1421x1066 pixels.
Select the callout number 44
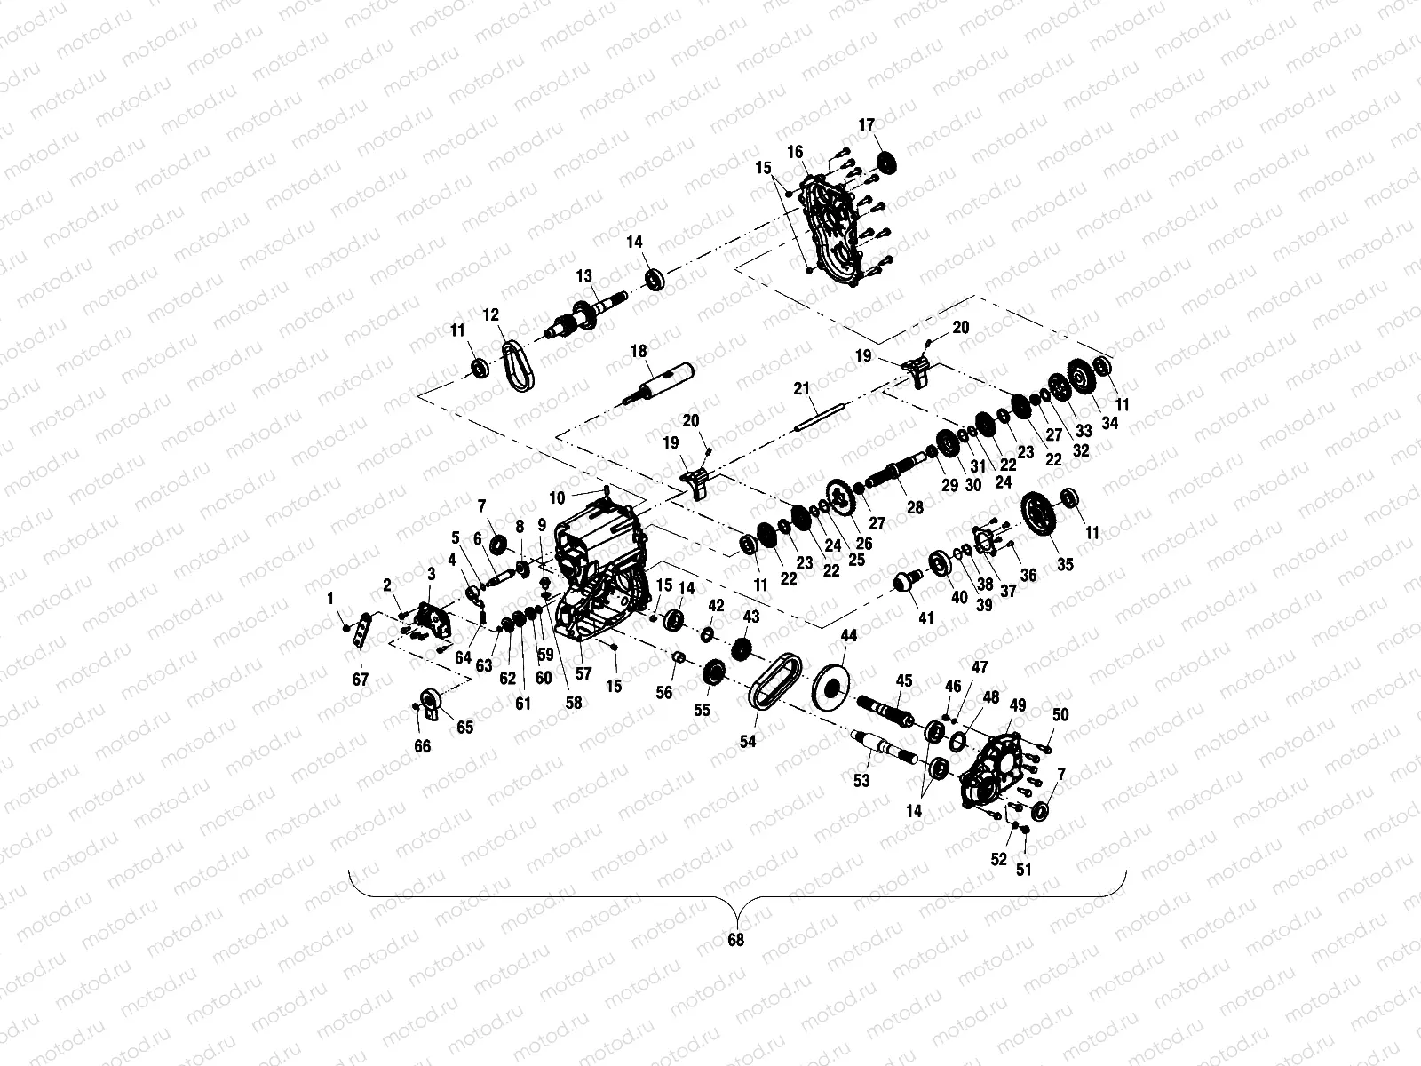849,636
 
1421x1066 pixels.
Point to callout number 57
583,674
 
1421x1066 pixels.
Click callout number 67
360,680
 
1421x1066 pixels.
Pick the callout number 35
1065,564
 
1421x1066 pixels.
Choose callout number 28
914,508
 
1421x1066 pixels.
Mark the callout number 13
583,277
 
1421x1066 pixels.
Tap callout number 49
1018,705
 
